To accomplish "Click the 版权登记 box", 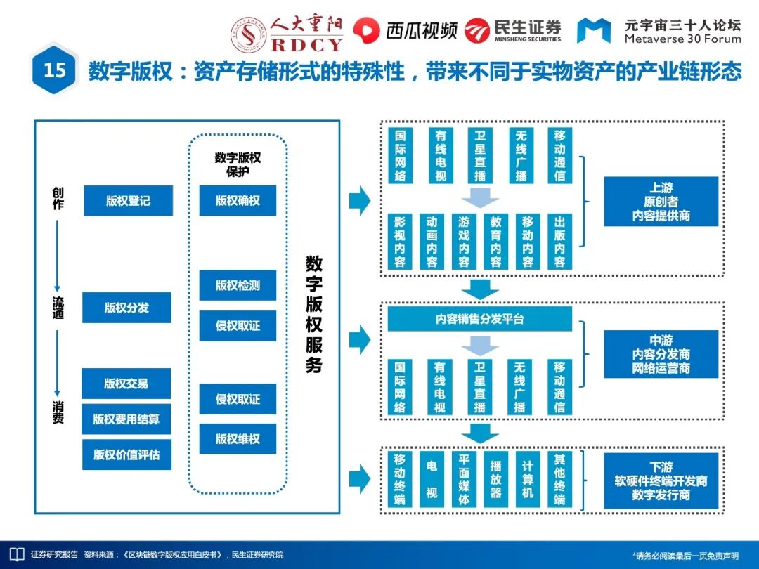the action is coord(128,201).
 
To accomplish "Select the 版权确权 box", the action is coord(238,201).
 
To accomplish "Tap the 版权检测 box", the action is coord(238,285).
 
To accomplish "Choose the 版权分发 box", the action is coord(126,308).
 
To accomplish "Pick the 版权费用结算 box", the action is coord(126,419).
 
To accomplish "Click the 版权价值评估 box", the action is coord(126,454).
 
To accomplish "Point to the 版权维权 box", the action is coord(238,439).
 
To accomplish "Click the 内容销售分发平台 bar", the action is coord(479,320).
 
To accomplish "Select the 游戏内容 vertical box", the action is coord(464,242).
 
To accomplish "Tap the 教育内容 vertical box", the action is coord(495,242).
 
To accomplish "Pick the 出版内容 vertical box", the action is coord(559,242).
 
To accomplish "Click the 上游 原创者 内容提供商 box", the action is coord(661,202).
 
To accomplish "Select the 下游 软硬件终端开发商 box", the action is coord(661,481).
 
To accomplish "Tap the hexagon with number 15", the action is coord(55,70).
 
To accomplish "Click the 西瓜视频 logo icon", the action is coord(365,30).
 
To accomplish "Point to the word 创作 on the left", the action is coord(58,198).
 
